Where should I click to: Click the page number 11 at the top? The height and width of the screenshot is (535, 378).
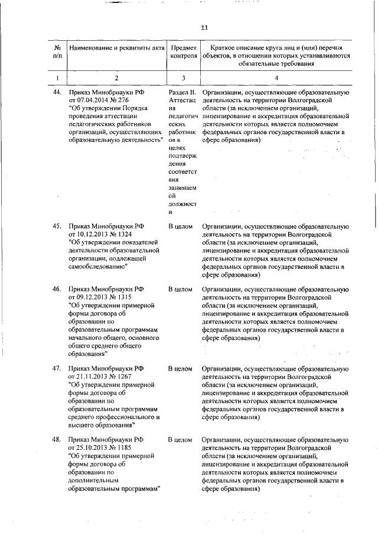tap(204, 27)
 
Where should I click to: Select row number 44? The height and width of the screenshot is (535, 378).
tap(57, 93)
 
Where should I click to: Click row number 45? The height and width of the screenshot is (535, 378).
tap(57, 226)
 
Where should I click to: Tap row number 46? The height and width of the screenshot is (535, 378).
tap(57, 289)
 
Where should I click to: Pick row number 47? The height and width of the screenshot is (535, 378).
tap(57, 368)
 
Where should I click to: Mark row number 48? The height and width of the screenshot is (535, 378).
tap(57, 440)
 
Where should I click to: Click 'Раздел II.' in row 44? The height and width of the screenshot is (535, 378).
tap(182, 93)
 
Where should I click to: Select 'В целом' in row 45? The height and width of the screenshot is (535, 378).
tap(180, 226)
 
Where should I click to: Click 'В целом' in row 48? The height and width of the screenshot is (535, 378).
tap(180, 440)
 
